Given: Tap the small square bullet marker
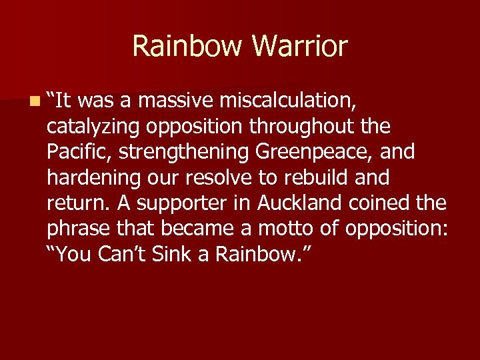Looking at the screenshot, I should click(x=34, y=101).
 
